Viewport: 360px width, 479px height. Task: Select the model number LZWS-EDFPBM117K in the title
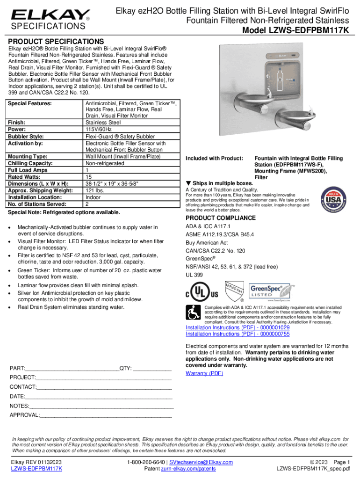click(x=299, y=31)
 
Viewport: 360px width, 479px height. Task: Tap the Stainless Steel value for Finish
click(x=104, y=122)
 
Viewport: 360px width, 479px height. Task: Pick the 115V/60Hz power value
click(x=100, y=129)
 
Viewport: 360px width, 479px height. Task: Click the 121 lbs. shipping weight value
click(x=96, y=190)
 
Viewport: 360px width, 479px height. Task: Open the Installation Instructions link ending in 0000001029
click(x=238, y=327)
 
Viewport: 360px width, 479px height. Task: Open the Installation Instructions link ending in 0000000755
click(x=238, y=334)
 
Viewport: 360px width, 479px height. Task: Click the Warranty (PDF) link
click(x=204, y=373)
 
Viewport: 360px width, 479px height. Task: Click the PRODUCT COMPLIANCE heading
click(x=221, y=218)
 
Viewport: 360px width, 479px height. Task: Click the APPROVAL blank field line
click(x=106, y=415)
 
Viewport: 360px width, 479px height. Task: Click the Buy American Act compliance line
click(x=207, y=243)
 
